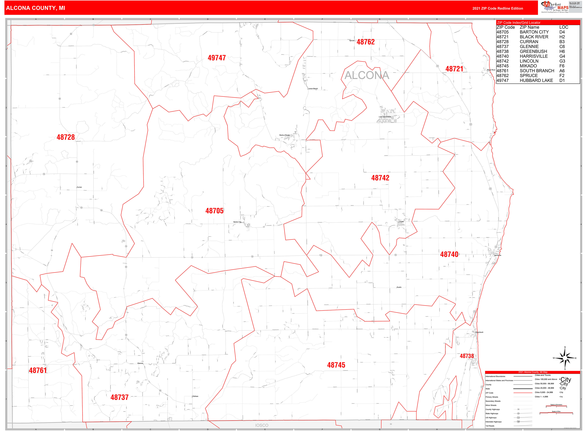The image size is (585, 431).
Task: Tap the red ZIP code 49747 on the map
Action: [x=216, y=58]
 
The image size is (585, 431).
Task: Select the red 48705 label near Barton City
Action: [x=214, y=211]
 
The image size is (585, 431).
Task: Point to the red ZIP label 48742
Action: [x=380, y=178]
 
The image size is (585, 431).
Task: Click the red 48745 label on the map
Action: [x=336, y=365]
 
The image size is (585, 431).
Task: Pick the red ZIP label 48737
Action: [x=119, y=397]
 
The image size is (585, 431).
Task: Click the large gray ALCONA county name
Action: [x=367, y=75]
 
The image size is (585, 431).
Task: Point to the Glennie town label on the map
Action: [x=140, y=363]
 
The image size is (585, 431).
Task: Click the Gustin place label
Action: [x=399, y=287]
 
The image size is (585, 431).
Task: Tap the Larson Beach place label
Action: [x=313, y=89]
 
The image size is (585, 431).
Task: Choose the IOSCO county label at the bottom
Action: [x=262, y=425]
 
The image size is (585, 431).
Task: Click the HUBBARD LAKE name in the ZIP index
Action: [x=536, y=80]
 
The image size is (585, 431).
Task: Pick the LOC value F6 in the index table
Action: [x=562, y=66]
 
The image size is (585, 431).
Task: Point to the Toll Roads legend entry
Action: [x=490, y=426]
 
